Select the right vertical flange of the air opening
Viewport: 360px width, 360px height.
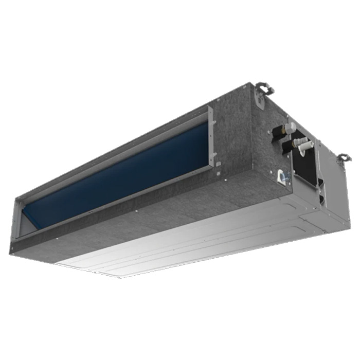click(x=211, y=136)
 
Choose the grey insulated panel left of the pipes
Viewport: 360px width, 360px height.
click(x=242, y=134)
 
